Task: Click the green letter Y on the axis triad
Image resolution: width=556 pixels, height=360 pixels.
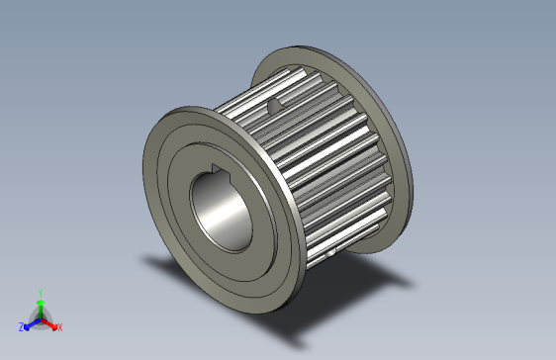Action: [40, 292]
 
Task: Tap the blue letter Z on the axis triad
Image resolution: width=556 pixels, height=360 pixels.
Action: [22, 325]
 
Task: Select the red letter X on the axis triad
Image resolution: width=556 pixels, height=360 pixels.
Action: [59, 326]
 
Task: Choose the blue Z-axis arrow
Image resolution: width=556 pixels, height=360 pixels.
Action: [32, 322]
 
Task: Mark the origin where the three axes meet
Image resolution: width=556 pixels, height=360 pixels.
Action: [40, 317]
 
